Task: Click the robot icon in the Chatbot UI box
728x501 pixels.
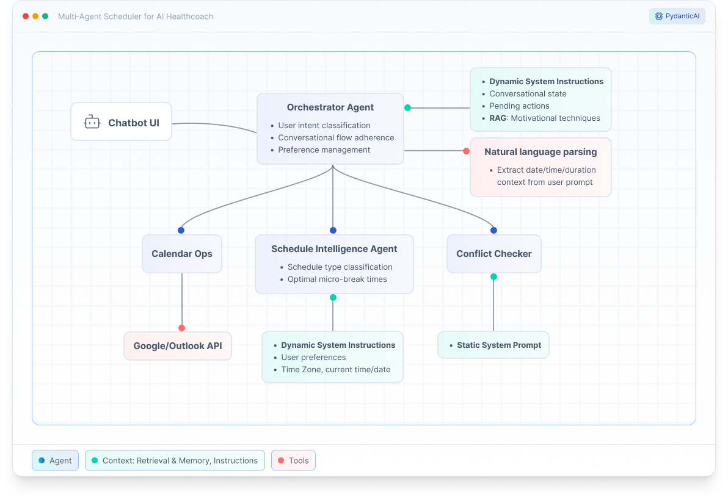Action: tap(92, 122)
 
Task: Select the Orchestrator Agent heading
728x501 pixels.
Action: tap(330, 107)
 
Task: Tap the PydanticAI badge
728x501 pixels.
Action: tap(677, 16)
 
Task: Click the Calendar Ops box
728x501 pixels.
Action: tap(182, 254)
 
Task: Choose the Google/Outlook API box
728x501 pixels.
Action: tap(178, 346)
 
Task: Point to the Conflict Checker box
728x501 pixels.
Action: tap(493, 254)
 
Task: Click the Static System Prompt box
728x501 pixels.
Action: tap(493, 345)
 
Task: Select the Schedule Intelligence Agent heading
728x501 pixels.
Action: tap(334, 249)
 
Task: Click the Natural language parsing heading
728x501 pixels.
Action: tap(541, 152)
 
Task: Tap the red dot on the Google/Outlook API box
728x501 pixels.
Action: tap(182, 328)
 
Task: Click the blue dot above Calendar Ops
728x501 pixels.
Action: tap(181, 230)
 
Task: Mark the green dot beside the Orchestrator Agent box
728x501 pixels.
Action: tap(407, 107)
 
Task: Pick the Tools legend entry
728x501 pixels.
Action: tap(293, 461)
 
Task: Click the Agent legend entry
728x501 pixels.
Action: tap(55, 461)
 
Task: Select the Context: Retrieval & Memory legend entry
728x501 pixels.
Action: tap(175, 461)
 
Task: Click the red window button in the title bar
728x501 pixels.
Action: tap(26, 16)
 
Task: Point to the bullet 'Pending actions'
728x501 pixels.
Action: tap(519, 106)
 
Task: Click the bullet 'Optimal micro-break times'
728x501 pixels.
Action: tap(337, 279)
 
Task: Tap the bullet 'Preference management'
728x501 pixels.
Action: tap(324, 150)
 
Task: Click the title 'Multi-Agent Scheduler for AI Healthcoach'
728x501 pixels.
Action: tap(136, 16)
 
